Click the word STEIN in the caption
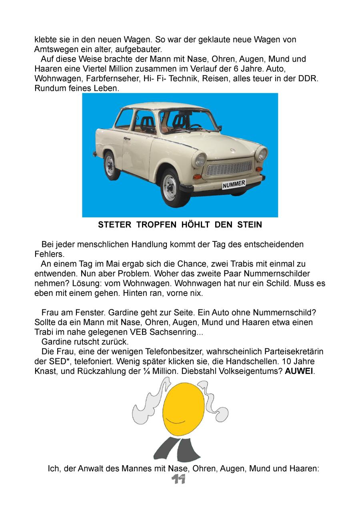click(250, 225)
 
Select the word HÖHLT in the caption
click(197, 225)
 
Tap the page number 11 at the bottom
click(178, 480)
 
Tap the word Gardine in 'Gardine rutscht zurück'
click(56, 342)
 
